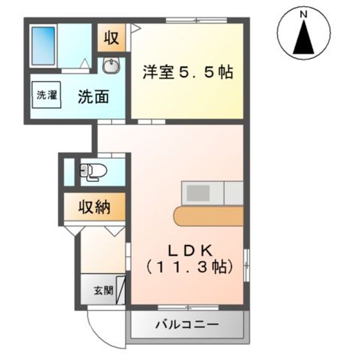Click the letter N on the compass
pyautogui.click(x=303, y=15)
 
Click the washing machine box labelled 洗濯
pyautogui.click(x=45, y=95)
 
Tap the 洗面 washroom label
pyautogui.click(x=93, y=96)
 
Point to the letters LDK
pyautogui.click(x=190, y=250)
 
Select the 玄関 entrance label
pyautogui.click(x=103, y=289)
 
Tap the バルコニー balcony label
pyautogui.click(x=186, y=325)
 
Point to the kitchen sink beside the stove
pyautogui.click(x=233, y=193)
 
